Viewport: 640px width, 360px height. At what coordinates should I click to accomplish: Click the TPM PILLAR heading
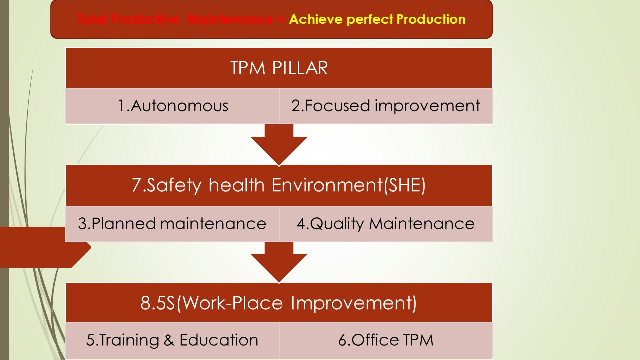(x=279, y=68)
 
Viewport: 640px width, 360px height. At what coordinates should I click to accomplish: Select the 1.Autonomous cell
(x=173, y=106)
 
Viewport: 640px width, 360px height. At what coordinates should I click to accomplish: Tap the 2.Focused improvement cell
(x=385, y=106)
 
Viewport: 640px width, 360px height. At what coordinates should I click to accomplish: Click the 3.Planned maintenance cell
(x=172, y=223)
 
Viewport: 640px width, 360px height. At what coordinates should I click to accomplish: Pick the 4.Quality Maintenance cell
(x=385, y=223)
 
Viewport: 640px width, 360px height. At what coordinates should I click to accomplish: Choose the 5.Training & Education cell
(x=172, y=340)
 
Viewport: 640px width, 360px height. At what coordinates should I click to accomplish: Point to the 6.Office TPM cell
(x=385, y=340)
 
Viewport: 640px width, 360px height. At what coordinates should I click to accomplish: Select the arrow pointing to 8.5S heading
(x=279, y=262)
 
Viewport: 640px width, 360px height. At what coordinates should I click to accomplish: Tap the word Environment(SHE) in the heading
(x=349, y=185)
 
